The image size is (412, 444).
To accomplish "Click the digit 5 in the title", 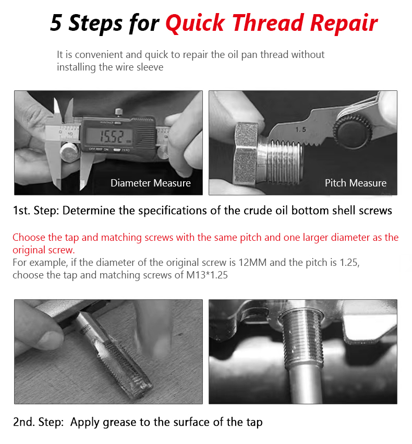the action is click(x=56, y=22).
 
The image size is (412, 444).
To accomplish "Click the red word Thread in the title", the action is click(x=268, y=22).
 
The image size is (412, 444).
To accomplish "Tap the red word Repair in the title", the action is click(x=344, y=24).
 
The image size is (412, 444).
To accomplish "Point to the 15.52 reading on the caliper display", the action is click(x=112, y=137).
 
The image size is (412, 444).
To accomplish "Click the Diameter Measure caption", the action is click(x=150, y=183).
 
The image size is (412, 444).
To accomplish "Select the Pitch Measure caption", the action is click(x=356, y=183).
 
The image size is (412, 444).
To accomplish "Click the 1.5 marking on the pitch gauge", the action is click(x=300, y=130).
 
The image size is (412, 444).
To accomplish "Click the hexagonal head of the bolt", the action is click(x=246, y=154).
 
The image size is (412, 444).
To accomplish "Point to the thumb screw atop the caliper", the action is click(x=119, y=112).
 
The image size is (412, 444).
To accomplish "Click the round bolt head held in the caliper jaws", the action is click(x=69, y=153).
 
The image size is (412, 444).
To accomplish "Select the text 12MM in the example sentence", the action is click(x=252, y=263).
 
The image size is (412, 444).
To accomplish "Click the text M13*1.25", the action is click(x=207, y=275).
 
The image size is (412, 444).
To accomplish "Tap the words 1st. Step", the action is click(x=35, y=211).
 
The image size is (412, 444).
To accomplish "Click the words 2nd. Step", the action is click(x=38, y=422).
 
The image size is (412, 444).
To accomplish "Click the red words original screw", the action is click(x=44, y=250).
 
